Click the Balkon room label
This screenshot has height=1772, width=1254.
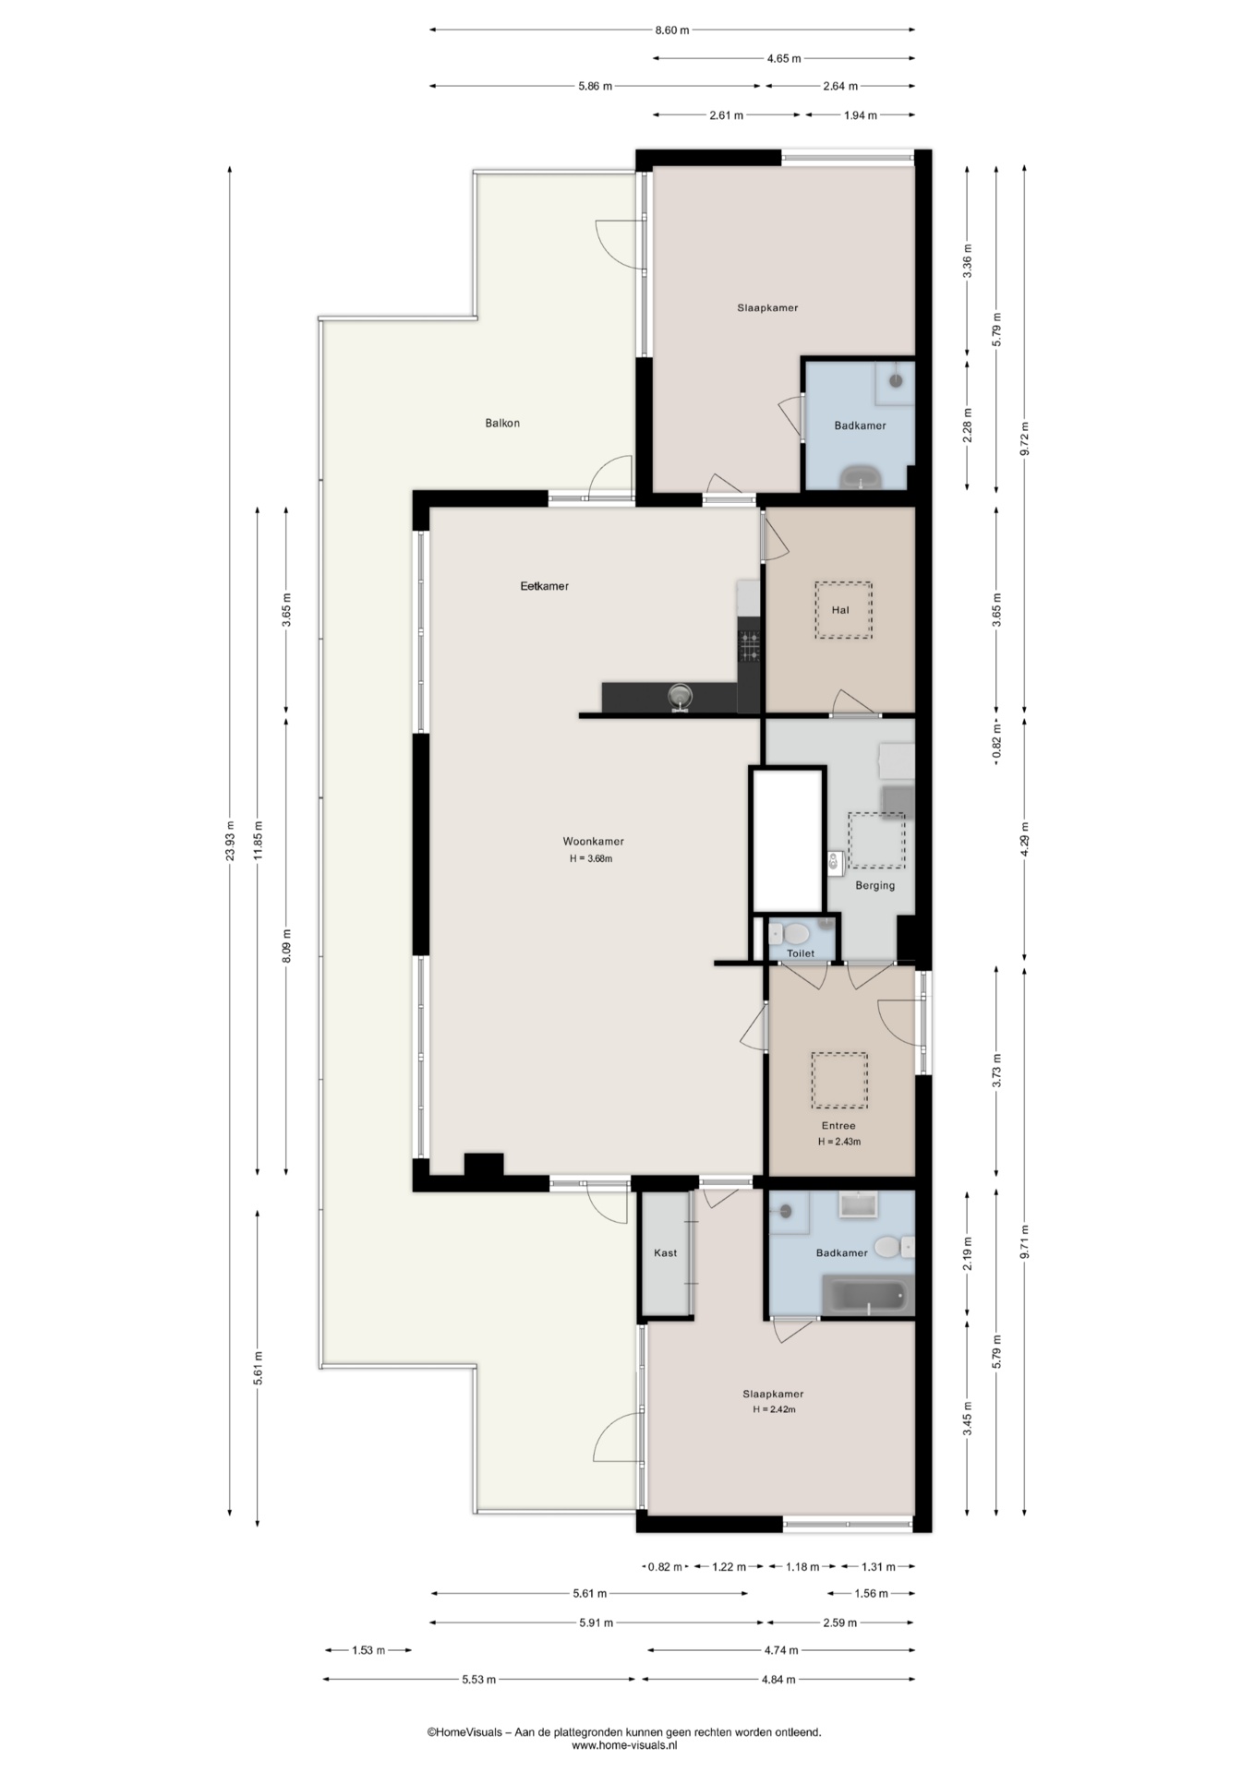pos(502,424)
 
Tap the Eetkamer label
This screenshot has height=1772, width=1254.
pos(545,586)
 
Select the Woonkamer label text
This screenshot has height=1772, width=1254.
pos(594,842)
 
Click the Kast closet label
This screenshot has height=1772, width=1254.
pos(665,1253)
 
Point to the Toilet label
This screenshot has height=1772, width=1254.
pos(801,953)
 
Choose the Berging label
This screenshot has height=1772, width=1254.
pos(874,886)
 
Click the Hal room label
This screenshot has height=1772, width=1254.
pos(840,610)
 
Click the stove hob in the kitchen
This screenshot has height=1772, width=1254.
pos(749,646)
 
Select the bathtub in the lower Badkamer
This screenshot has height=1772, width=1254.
pos(867,1295)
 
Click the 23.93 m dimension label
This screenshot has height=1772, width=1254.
pos(230,841)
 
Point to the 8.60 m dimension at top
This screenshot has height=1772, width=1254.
pos(672,30)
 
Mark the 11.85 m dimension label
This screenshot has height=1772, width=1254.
pos(259,841)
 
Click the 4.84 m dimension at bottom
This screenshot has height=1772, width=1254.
pos(778,1680)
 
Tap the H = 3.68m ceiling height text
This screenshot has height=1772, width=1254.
pos(591,859)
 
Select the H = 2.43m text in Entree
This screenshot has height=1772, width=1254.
pos(839,1142)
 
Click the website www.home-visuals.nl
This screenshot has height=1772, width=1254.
pos(625,1745)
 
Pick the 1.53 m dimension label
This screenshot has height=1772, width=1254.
pos(368,1650)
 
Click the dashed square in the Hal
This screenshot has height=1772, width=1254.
pos(843,610)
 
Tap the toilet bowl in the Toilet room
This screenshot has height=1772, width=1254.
pos(795,934)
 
